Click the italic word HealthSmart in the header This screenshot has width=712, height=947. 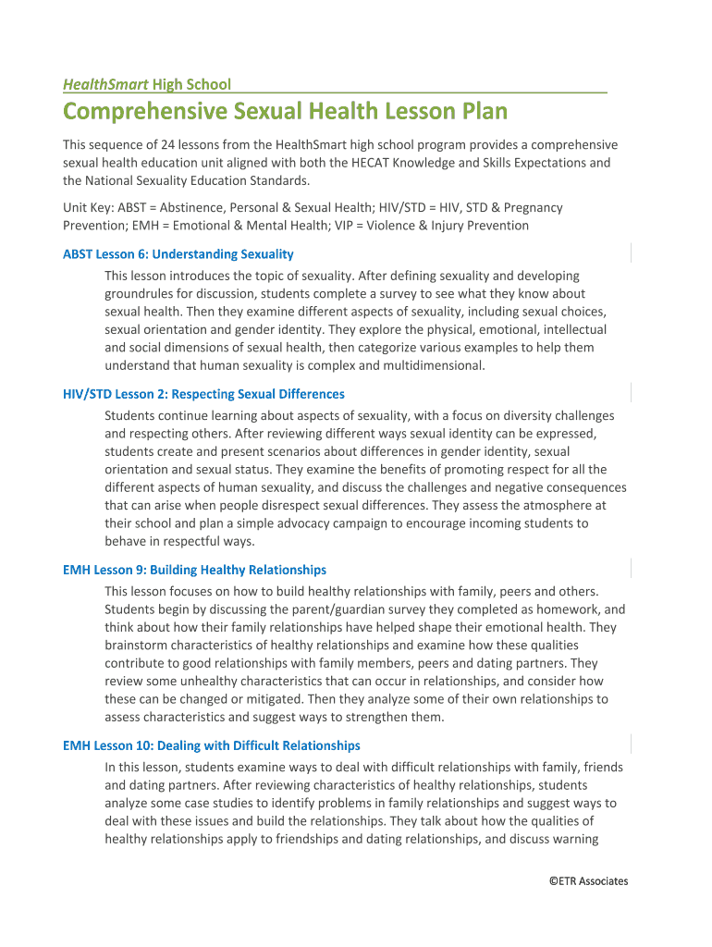tap(105, 84)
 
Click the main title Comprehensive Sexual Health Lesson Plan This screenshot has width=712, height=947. tap(285, 112)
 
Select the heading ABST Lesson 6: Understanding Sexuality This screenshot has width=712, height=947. tap(178, 253)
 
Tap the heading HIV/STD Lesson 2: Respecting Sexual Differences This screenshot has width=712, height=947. tap(203, 394)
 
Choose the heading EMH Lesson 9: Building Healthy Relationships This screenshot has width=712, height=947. tap(194, 570)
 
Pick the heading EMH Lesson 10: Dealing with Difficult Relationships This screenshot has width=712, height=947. tap(211, 745)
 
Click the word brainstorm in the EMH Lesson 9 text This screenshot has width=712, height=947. tap(138, 646)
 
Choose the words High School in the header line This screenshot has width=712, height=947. tap(191, 84)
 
